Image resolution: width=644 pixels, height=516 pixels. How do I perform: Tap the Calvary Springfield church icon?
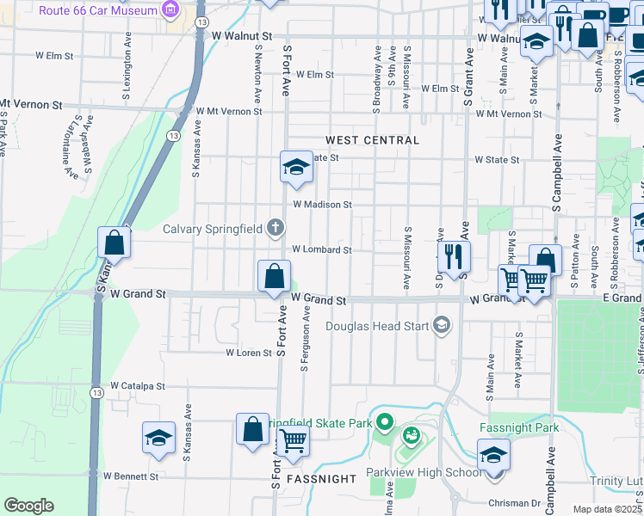(276, 228)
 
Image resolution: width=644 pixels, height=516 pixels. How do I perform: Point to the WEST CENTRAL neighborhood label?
(372, 139)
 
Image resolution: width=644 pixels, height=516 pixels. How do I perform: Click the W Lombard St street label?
(321, 250)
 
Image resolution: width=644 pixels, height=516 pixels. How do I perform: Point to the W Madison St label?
(322, 205)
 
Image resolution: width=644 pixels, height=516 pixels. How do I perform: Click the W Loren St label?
(248, 353)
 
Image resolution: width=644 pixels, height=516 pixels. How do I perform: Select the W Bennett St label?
(131, 476)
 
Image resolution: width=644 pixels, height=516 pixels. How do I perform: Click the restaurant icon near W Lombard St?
(453, 255)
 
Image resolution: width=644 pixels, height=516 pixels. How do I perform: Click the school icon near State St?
(296, 167)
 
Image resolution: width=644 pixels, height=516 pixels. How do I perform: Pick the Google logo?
(28, 506)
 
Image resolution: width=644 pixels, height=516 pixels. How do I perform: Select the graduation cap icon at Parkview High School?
(494, 454)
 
